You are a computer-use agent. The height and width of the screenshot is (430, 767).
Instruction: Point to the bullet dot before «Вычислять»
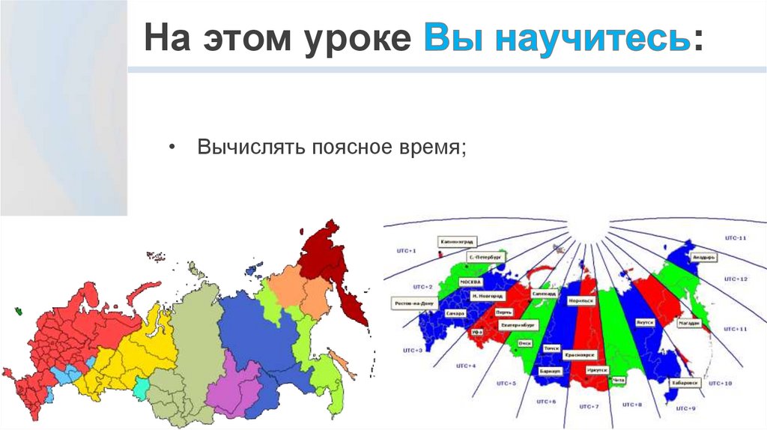tap(173, 146)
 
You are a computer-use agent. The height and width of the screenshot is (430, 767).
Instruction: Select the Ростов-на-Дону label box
tap(413, 303)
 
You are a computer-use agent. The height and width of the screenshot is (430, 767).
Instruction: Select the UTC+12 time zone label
tap(736, 279)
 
